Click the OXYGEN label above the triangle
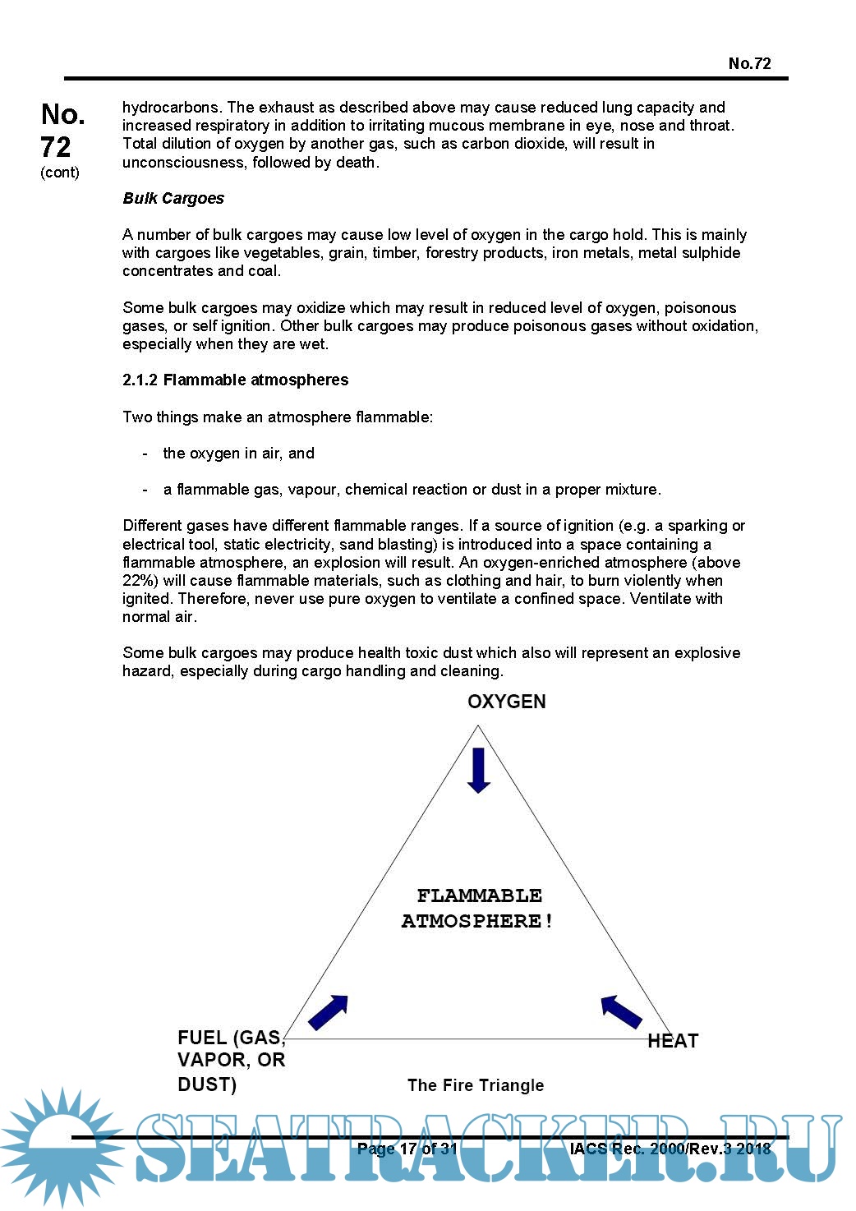[506, 702]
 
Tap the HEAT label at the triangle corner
[672, 1041]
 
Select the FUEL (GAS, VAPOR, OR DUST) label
[231, 1061]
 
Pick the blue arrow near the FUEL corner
[329, 1011]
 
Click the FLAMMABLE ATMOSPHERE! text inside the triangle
[478, 908]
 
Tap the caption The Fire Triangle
[476, 1085]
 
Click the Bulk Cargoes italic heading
[173, 198]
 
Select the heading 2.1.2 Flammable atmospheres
[235, 380]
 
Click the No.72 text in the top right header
[749, 63]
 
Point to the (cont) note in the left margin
[60, 173]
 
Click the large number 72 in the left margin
[56, 146]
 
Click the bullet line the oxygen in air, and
[238, 453]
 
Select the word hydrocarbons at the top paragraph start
[171, 107]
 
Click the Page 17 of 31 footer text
[407, 1149]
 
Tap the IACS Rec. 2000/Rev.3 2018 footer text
[670, 1149]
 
